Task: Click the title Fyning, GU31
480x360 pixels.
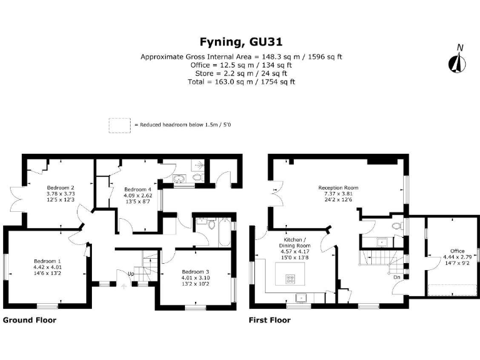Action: (241, 42)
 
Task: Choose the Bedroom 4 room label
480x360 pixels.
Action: (137, 189)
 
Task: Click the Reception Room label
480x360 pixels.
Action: (338, 187)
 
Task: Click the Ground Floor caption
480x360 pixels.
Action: (30, 320)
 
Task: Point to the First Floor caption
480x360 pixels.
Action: (269, 320)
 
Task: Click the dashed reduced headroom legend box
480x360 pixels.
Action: (118, 125)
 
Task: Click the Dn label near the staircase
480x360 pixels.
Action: (396, 276)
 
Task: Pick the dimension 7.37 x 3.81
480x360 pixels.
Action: (338, 194)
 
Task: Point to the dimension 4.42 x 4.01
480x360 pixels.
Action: (47, 267)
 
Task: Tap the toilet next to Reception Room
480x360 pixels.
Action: (394, 226)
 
